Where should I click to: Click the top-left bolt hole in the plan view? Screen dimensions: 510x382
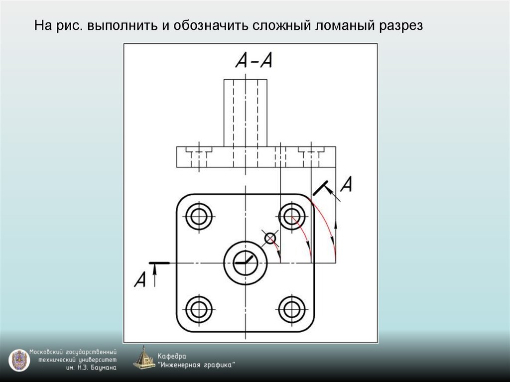[x=199, y=216]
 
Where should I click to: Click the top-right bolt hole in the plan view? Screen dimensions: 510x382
[x=292, y=216]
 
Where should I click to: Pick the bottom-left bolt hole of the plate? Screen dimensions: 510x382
[x=199, y=309]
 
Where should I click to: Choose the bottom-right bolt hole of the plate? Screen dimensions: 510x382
[x=292, y=309]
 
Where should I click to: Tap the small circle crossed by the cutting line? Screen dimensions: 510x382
[x=270, y=239]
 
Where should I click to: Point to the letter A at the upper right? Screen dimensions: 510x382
[x=347, y=185]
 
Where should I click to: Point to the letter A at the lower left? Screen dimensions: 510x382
[x=140, y=279]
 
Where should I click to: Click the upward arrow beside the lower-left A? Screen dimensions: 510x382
[x=155, y=275]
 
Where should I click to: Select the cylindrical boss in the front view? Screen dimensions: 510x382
[x=245, y=113]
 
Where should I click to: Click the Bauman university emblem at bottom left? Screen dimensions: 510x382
[x=18, y=360]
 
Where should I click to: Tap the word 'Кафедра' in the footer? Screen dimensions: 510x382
[x=171, y=356]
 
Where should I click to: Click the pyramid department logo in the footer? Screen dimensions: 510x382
[x=144, y=358]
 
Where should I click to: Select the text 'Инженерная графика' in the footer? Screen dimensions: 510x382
[x=197, y=365]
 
